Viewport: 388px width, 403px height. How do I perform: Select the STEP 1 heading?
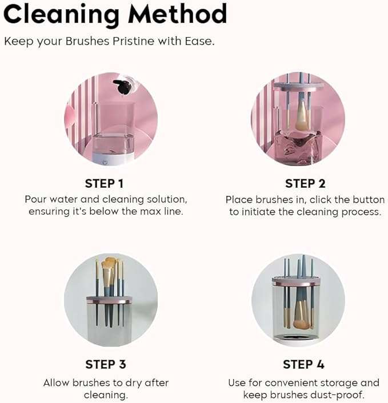point(104,183)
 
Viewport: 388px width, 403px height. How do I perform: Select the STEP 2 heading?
point(305,183)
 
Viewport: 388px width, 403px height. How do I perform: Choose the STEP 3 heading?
point(105,364)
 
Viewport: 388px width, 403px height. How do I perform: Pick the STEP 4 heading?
point(305,364)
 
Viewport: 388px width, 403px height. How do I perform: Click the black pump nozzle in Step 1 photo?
point(121,86)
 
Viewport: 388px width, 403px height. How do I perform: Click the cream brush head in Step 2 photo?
point(302,118)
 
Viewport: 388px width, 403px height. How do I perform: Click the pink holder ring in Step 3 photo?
point(109,299)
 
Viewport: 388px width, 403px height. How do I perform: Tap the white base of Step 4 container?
point(298,341)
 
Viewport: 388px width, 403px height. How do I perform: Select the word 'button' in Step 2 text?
point(369,200)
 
